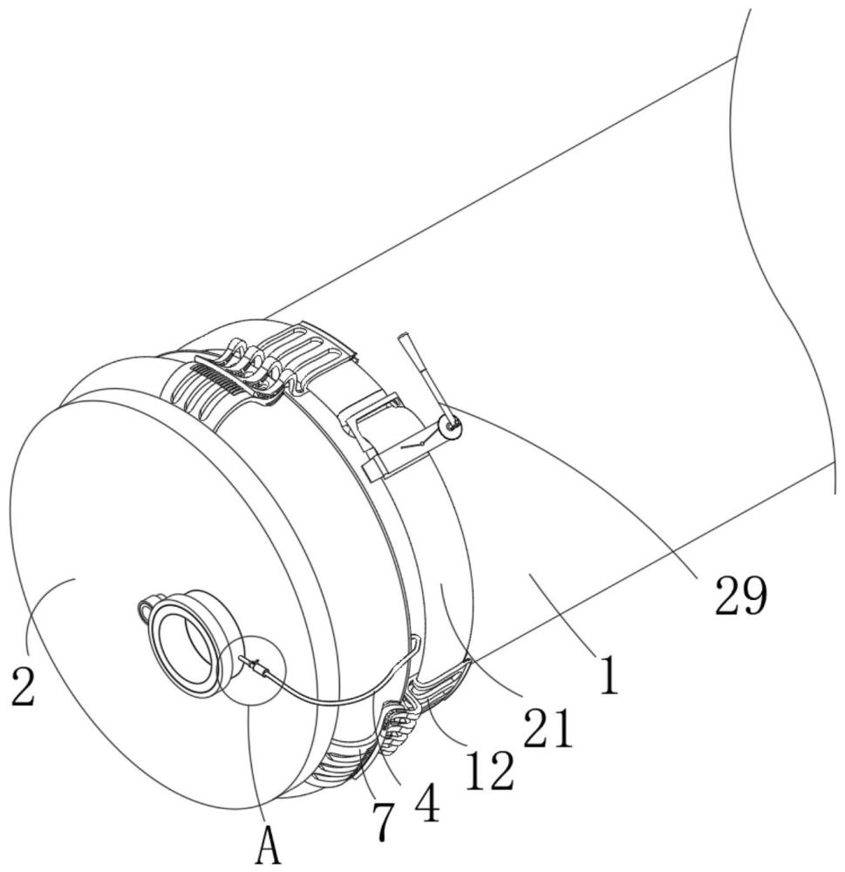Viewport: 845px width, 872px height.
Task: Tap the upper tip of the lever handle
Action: pyautogui.click(x=403, y=338)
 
